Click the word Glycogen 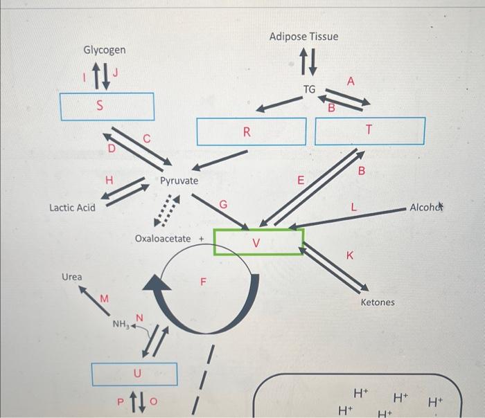click(x=105, y=50)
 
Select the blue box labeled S click(x=107, y=106)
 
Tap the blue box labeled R click(x=251, y=131)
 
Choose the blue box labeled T click(x=369, y=131)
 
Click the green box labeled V click(x=258, y=242)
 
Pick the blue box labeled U click(x=136, y=374)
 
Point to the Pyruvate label click(x=179, y=181)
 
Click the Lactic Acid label click(x=72, y=207)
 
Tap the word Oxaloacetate click(x=163, y=239)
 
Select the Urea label click(x=72, y=277)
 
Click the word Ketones click(x=378, y=302)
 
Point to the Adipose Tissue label click(x=304, y=36)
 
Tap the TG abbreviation click(x=309, y=89)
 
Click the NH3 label click(x=120, y=324)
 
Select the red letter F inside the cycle click(x=203, y=282)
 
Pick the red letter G click(x=222, y=203)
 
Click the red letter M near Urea click(x=104, y=298)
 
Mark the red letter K click(x=350, y=256)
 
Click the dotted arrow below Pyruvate click(x=166, y=211)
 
